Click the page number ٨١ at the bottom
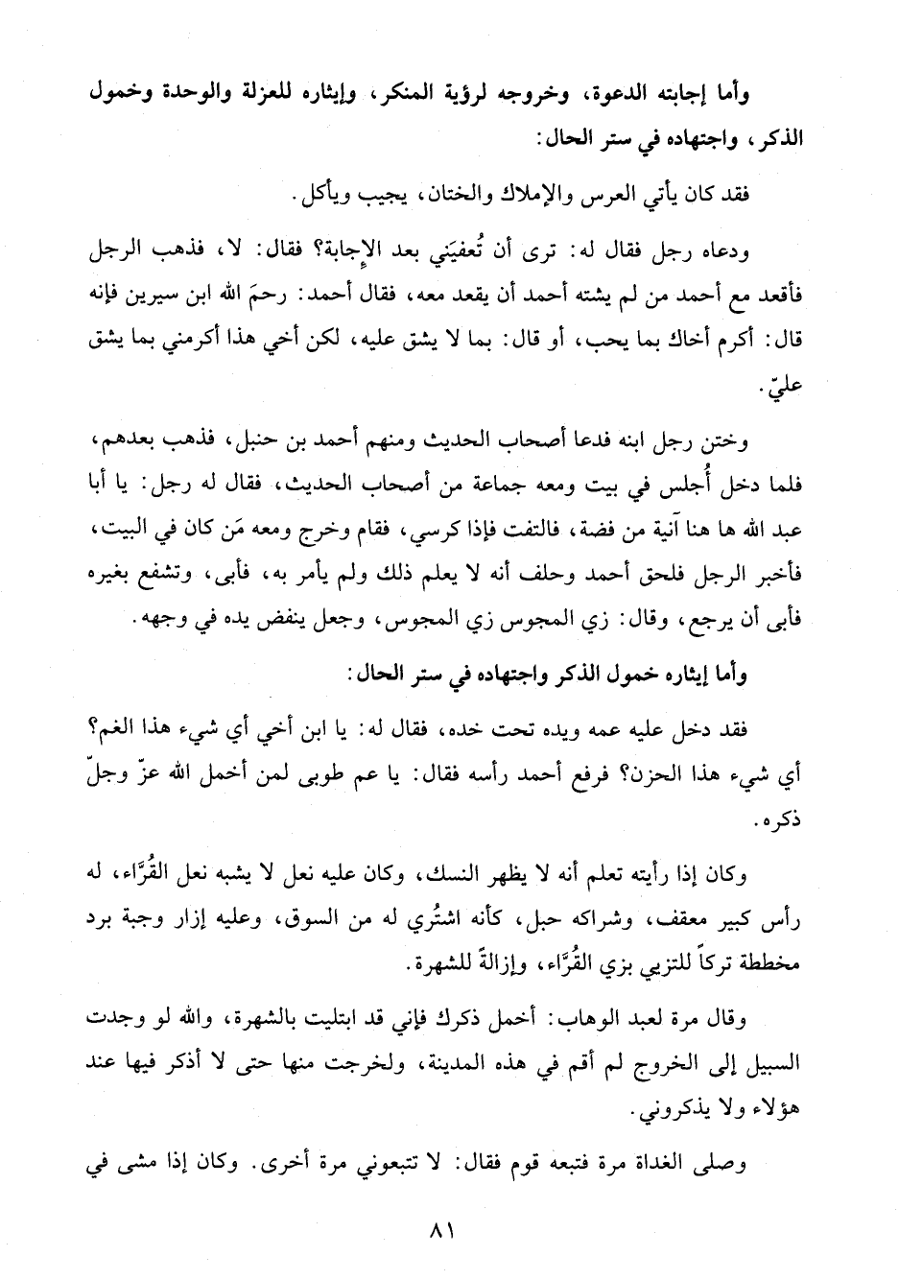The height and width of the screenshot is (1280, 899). click(449, 1229)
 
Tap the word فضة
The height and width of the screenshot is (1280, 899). click(603, 526)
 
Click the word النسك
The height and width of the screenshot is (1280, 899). click(438, 873)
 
